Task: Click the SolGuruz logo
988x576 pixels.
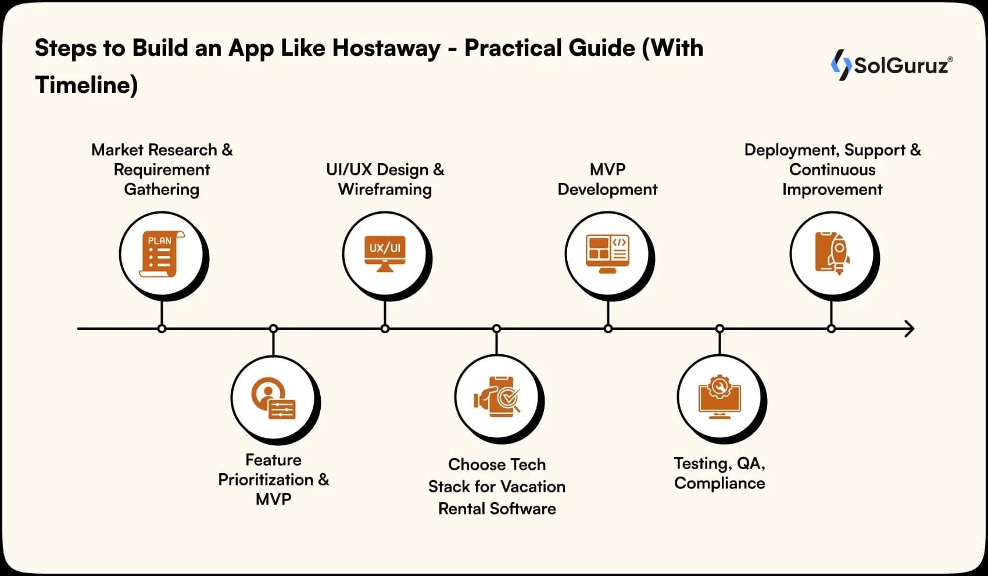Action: point(892,64)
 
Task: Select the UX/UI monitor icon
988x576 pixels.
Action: point(385,254)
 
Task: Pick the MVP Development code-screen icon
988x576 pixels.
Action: point(607,254)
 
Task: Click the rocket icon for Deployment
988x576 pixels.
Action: point(832,254)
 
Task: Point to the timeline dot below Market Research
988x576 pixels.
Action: point(162,329)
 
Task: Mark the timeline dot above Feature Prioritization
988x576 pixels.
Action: point(273,329)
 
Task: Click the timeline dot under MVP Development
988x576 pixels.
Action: point(608,329)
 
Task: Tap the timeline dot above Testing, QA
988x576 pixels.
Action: point(719,329)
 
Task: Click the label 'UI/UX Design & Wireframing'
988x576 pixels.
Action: point(385,179)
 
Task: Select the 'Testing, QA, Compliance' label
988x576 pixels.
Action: point(719,473)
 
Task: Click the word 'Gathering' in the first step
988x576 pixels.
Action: point(162,190)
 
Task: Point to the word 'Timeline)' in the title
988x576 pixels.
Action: point(87,85)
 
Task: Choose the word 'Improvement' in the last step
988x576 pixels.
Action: point(832,190)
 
